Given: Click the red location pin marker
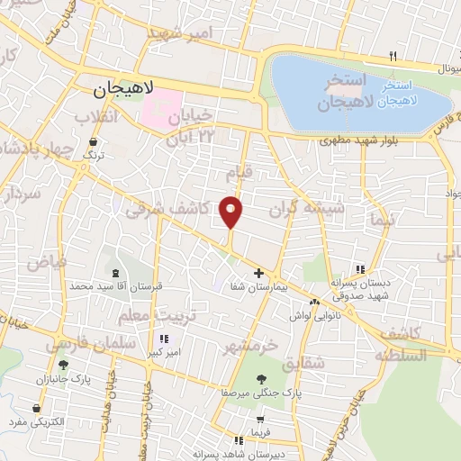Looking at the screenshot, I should [231, 211].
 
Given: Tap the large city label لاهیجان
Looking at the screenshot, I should [124, 89].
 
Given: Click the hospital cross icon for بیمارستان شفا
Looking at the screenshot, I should [258, 273].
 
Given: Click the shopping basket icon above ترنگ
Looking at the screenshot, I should [95, 142].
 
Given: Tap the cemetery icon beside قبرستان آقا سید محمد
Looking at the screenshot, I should [114, 273].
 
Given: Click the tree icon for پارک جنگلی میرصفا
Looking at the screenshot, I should [261, 379].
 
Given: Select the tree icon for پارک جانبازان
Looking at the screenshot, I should [62, 365].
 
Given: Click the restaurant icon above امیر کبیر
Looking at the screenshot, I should [163, 339].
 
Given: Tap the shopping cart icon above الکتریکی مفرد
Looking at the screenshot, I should [35, 407].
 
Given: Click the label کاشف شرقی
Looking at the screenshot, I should [167, 209].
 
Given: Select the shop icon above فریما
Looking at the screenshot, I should [260, 419].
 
